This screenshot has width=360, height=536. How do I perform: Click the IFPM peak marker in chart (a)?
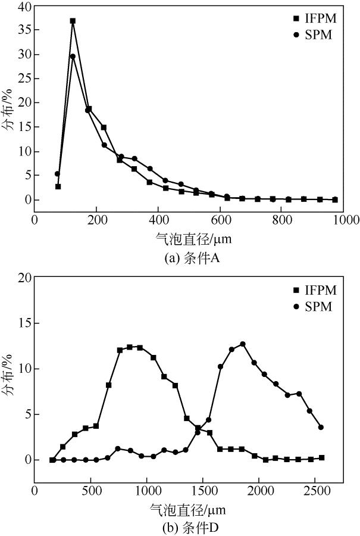click(x=73, y=21)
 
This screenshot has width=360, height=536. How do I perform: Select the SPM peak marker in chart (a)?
click(x=73, y=57)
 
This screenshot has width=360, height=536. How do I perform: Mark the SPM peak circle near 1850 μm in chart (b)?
click(x=243, y=344)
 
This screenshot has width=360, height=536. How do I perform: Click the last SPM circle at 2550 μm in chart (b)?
click(x=321, y=427)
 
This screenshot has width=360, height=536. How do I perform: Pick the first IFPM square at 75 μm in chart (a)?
click(x=58, y=186)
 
